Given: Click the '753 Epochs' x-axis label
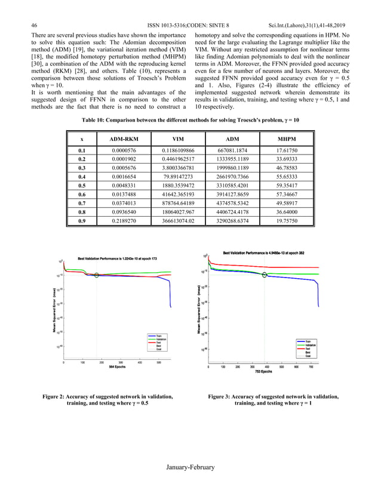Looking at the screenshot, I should pyautogui.click(x=263, y=370).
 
